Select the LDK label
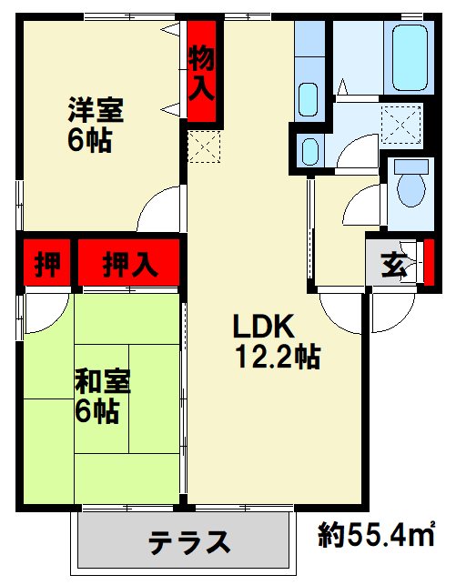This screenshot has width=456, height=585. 263,325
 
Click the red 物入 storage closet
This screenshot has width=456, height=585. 201,72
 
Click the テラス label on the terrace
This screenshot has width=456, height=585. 188,542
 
